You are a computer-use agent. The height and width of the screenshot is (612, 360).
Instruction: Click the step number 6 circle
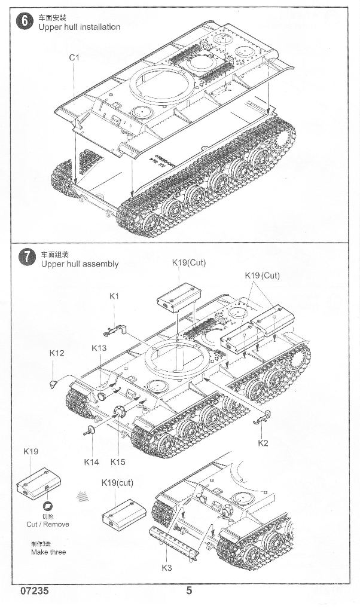[25, 22]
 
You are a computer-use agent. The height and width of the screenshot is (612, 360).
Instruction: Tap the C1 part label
[74, 57]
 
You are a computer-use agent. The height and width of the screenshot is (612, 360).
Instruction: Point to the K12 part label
[56, 353]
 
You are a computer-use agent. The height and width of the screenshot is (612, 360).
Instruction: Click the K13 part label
[99, 348]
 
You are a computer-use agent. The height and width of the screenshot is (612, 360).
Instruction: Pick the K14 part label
[91, 461]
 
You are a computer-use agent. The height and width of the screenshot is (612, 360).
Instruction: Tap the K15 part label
[118, 461]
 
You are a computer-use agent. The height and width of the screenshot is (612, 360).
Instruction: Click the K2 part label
[263, 443]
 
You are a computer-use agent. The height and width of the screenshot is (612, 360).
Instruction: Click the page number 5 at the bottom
[190, 591]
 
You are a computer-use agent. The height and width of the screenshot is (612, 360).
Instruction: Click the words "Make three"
[48, 552]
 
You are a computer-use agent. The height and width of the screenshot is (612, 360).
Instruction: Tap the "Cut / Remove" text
[48, 524]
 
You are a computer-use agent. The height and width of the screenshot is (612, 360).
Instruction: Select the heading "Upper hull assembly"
[80, 264]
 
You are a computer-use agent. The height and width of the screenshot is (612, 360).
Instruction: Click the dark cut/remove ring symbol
[48, 505]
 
